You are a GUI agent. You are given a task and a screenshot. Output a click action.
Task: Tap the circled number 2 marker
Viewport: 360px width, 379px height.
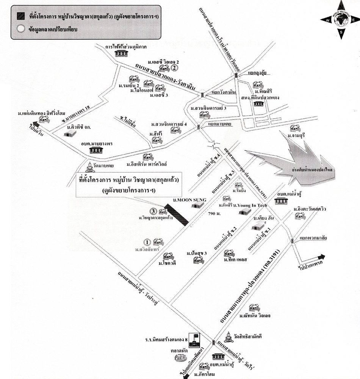(174, 68)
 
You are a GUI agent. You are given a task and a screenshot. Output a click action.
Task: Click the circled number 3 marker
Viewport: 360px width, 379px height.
(153, 211)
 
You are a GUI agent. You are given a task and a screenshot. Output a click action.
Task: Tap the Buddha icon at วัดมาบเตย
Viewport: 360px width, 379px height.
(89, 167)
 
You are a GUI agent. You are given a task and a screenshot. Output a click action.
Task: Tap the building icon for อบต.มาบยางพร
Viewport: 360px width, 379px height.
(96, 150)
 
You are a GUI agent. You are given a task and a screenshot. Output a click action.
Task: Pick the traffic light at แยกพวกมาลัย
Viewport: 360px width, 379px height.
(293, 241)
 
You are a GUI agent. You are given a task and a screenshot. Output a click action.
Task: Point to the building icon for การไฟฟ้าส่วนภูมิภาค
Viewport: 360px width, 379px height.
(120, 53)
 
